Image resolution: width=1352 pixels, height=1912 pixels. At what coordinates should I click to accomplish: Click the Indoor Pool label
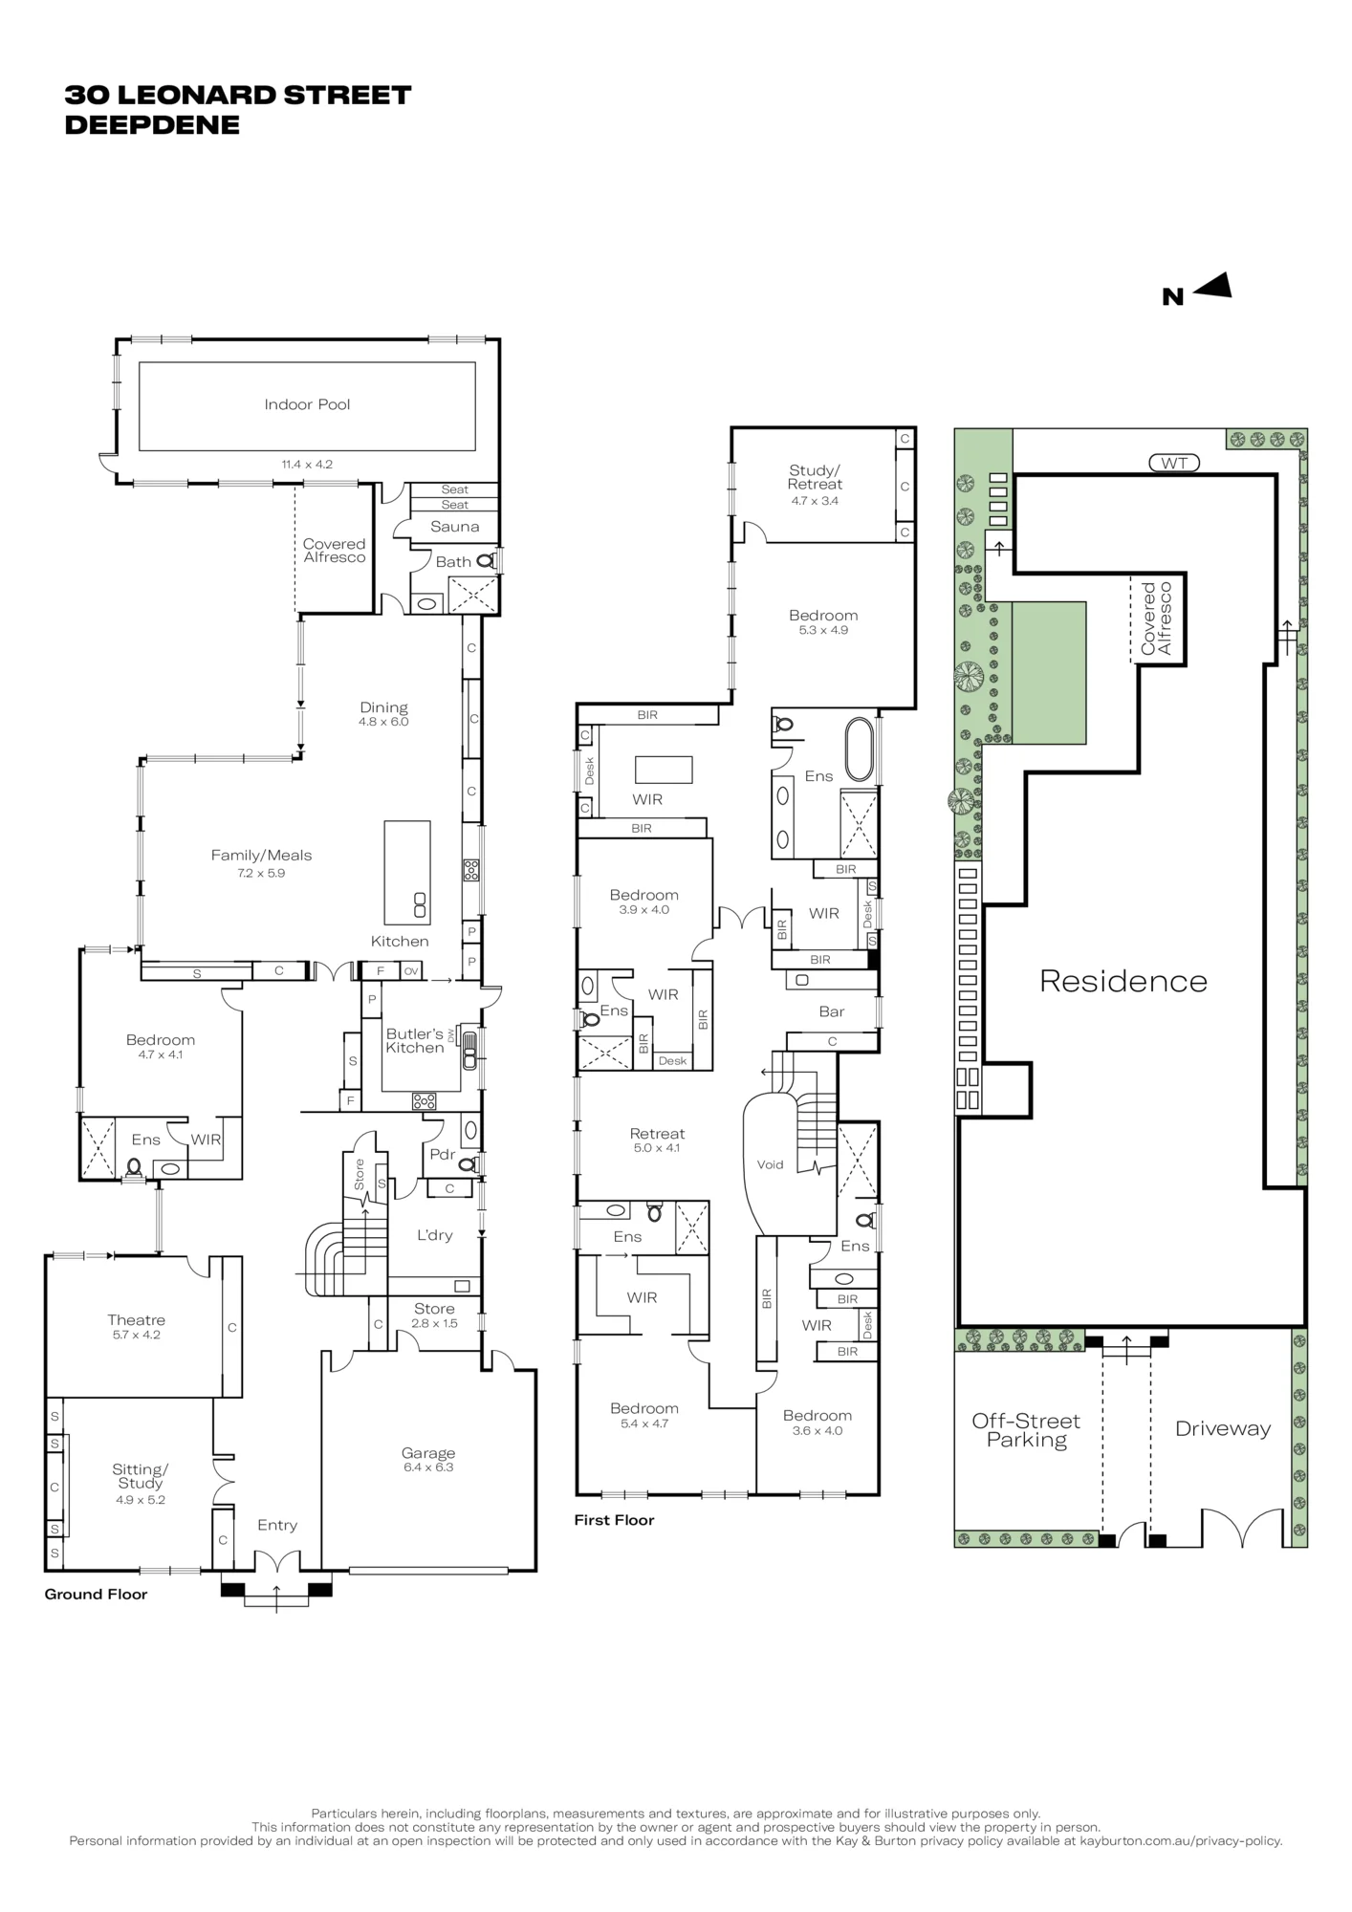[307, 404]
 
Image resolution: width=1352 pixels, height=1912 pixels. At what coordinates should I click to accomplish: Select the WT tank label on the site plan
[1174, 464]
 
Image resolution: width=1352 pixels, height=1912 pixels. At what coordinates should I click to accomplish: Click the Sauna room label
[454, 527]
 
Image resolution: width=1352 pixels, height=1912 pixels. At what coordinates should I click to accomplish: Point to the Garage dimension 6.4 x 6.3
[427, 1467]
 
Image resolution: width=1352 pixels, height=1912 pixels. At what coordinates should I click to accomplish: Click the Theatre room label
[136, 1320]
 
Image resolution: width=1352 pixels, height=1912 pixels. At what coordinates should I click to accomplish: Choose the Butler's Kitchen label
[415, 1041]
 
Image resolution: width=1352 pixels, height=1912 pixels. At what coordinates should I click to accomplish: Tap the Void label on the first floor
[770, 1164]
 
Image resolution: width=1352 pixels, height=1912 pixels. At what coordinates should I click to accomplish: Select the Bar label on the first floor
[832, 1011]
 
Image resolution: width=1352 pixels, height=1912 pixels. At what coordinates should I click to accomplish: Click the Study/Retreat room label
[815, 477]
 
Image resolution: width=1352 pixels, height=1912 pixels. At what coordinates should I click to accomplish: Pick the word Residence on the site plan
[1123, 981]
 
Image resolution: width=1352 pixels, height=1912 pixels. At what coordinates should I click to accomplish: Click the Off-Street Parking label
[1026, 1431]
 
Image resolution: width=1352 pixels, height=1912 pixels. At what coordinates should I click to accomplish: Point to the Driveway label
[1223, 1429]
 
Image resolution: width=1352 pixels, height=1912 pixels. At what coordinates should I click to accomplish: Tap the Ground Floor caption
[96, 1595]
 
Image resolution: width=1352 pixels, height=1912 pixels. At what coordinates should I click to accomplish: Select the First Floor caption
[614, 1520]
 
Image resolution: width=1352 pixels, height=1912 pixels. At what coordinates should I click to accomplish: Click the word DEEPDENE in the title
[152, 125]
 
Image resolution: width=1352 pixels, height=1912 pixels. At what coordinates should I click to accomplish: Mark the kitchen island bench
[407, 872]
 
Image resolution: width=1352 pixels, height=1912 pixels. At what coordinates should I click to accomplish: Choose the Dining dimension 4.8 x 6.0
[383, 722]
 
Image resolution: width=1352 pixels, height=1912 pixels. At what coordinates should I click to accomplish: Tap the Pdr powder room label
[442, 1155]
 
